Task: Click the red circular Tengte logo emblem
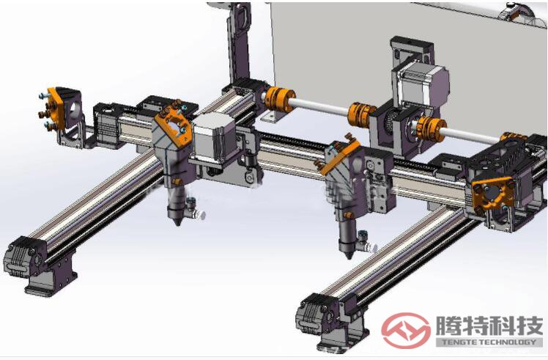[405, 330]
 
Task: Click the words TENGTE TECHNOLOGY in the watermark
[489, 342]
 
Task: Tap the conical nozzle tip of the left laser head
[177, 221]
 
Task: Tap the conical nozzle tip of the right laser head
[348, 254]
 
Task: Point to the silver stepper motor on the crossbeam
[214, 138]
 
